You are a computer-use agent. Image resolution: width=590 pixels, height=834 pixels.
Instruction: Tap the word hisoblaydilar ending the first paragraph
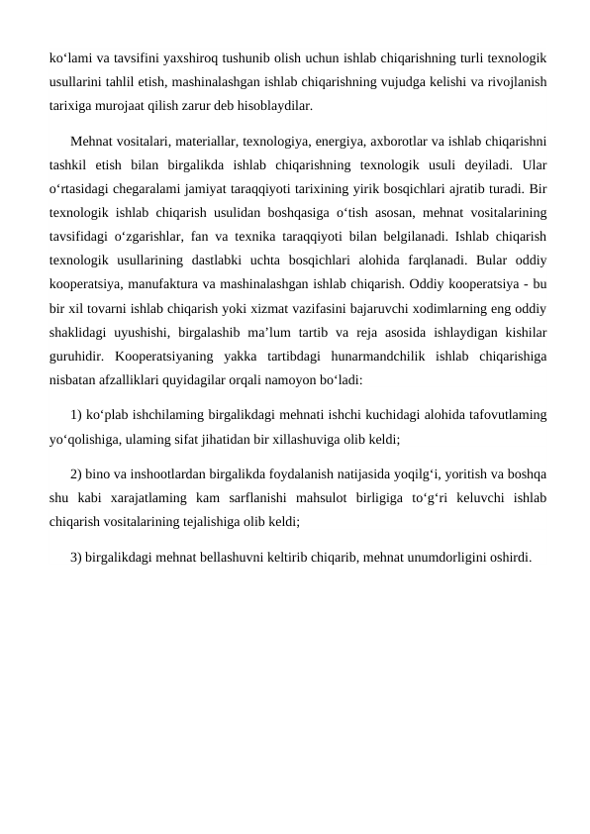coord(277,104)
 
